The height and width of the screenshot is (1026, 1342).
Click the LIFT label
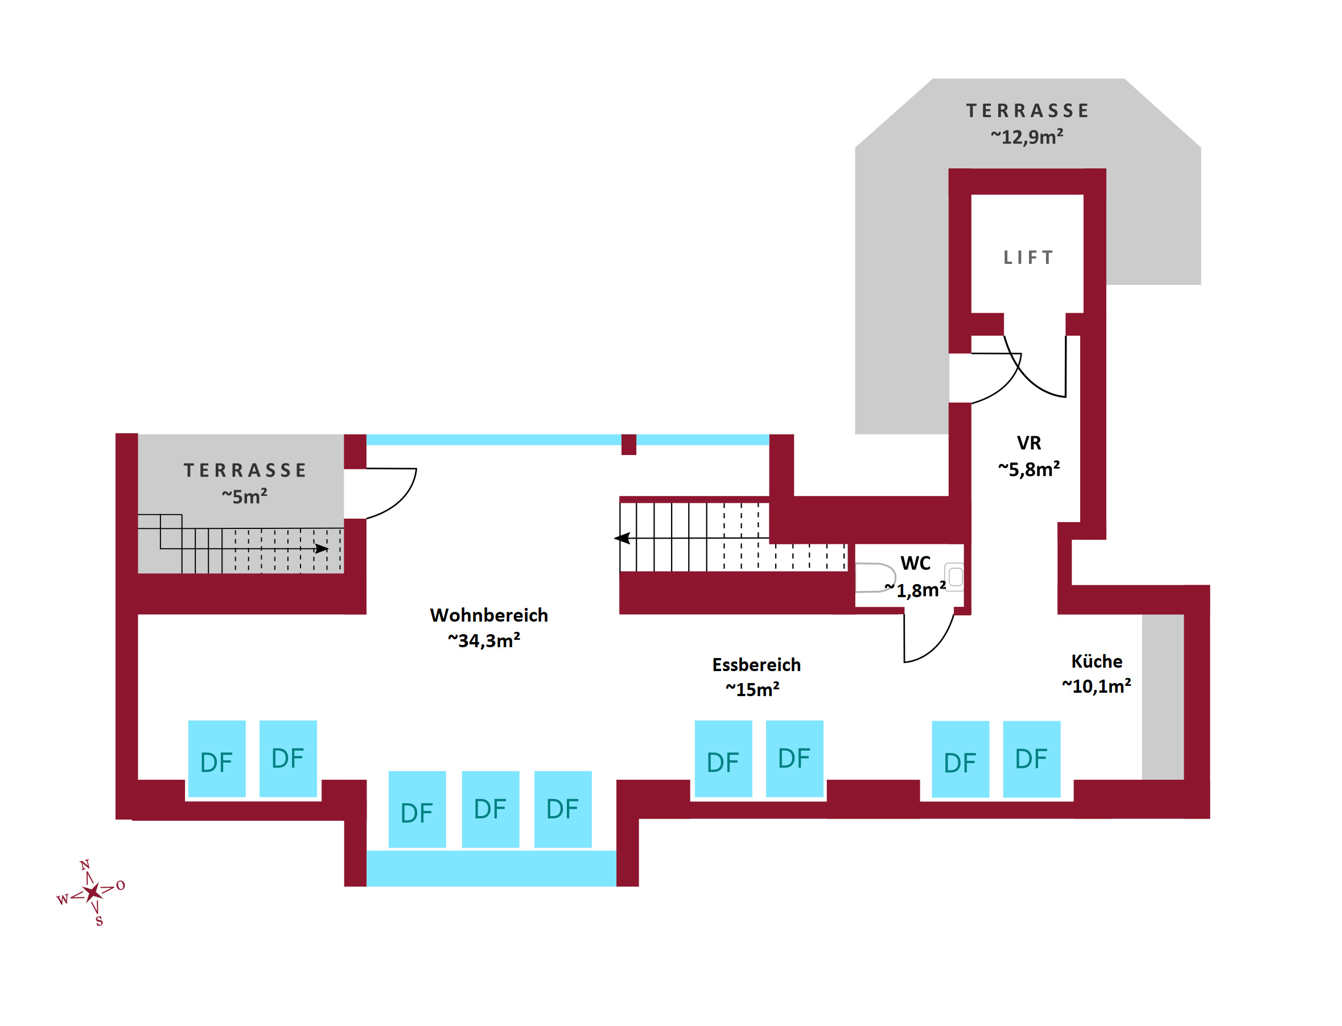pyautogui.click(x=1028, y=258)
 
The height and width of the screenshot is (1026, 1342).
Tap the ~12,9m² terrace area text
pyautogui.click(x=1027, y=137)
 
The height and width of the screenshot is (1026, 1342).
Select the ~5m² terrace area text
pyautogui.click(x=245, y=497)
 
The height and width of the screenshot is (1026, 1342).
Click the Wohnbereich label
pyautogui.click(x=489, y=615)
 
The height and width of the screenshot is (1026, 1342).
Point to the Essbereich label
pyautogui.click(x=756, y=665)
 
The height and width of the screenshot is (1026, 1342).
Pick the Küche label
pyautogui.click(x=1097, y=661)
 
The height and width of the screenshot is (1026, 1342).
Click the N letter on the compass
pyautogui.click(x=85, y=866)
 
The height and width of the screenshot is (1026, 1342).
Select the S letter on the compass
pyautogui.click(x=99, y=922)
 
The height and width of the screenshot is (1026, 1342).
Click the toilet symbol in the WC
pyautogui.click(x=874, y=578)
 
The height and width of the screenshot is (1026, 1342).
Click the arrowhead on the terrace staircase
pyautogui.click(x=322, y=549)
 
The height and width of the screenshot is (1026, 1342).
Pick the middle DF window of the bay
pyautogui.click(x=490, y=809)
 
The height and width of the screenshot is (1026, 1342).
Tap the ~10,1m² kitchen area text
pyautogui.click(x=1096, y=687)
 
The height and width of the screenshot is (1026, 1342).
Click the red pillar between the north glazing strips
pyautogui.click(x=629, y=445)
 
